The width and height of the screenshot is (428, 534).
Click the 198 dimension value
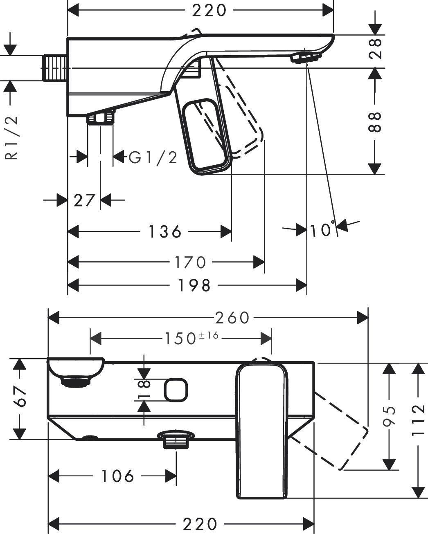tap(194, 285)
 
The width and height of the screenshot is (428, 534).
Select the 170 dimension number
tap(189, 262)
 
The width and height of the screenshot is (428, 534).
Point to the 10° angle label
tap(322, 231)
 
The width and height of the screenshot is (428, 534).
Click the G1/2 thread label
tap(153, 157)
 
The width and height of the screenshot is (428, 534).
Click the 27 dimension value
tap(84, 200)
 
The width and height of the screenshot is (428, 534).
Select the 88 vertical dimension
tap(375, 121)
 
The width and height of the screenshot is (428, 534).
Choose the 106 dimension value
tap(117, 476)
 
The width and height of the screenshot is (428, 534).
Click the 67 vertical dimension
tap(20, 396)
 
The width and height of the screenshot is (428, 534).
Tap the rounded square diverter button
tap(176, 390)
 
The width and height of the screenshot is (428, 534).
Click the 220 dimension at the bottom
tap(200, 524)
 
